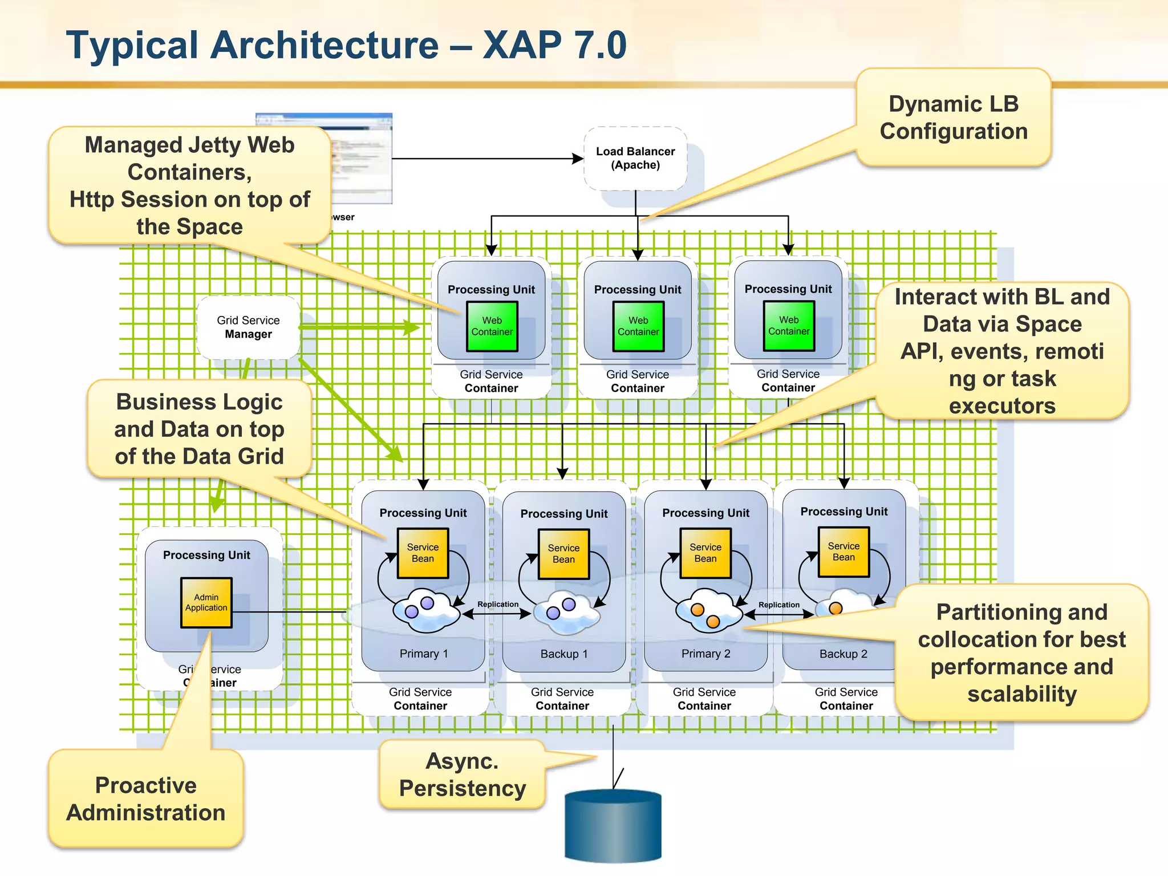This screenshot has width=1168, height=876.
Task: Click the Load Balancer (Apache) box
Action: click(635, 159)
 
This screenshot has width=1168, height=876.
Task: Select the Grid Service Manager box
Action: click(248, 327)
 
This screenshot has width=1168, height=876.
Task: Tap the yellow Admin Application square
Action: click(206, 603)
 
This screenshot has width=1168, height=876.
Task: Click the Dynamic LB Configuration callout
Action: click(953, 117)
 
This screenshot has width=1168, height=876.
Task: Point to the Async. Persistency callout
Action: click(462, 774)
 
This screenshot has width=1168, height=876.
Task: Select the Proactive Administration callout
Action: click(146, 798)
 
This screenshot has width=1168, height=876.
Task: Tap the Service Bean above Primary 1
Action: click(423, 553)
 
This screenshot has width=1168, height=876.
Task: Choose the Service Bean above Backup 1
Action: click(563, 554)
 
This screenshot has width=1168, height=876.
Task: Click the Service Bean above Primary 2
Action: click(705, 553)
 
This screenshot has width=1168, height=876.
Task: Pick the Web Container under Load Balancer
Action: click(638, 326)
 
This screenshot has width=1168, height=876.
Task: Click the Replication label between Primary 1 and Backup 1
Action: click(498, 604)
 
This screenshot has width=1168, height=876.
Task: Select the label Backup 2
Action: click(843, 654)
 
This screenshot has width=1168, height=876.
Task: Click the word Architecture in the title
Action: click(325, 45)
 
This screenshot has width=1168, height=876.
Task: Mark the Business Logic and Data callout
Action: click(199, 429)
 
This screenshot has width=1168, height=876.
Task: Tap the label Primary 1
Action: click(423, 654)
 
